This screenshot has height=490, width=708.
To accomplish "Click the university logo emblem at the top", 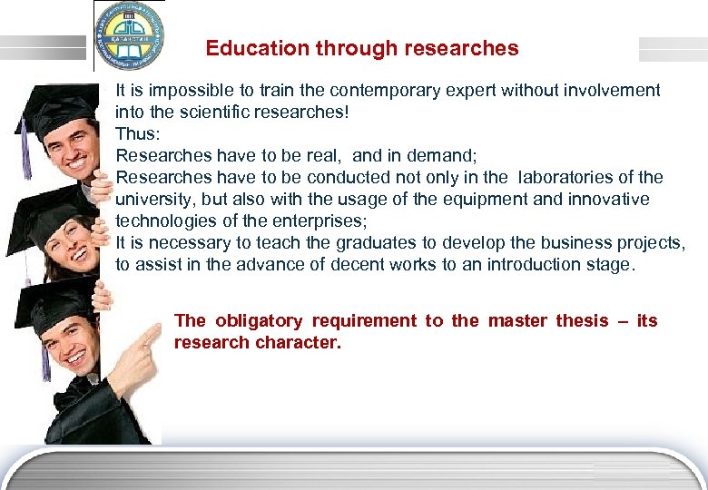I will (x=129, y=35).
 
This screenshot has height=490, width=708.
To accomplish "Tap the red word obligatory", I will (x=259, y=321).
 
